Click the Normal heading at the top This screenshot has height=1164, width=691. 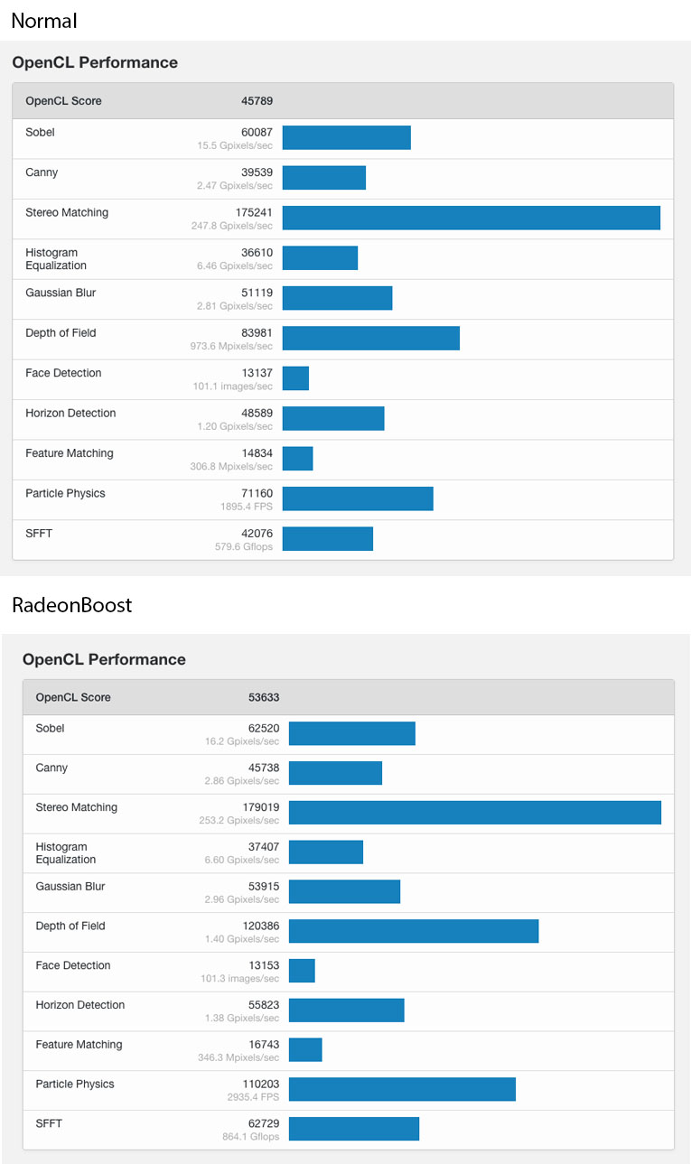point(44,20)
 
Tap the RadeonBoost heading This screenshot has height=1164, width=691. point(72,605)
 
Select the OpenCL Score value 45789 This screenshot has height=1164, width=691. point(256,101)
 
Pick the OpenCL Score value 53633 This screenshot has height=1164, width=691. point(264,697)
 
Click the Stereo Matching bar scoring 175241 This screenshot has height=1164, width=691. point(471,218)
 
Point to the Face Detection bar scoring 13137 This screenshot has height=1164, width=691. point(295,378)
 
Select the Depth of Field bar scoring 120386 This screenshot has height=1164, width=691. point(414,931)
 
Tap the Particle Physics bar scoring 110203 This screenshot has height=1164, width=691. point(402,1089)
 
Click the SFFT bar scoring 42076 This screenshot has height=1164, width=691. point(327,539)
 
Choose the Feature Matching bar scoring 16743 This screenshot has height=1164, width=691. point(305,1049)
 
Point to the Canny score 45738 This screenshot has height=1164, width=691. point(264,768)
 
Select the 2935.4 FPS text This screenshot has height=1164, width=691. point(253,1097)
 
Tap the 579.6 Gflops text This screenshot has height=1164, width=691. point(244,547)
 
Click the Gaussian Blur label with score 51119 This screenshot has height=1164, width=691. point(61,293)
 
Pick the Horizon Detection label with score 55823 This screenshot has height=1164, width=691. point(80,1005)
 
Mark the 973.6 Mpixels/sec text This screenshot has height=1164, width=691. point(235,347)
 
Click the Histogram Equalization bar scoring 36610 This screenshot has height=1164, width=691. point(320,258)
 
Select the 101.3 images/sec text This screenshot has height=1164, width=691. point(240,979)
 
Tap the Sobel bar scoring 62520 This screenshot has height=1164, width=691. point(351,733)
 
